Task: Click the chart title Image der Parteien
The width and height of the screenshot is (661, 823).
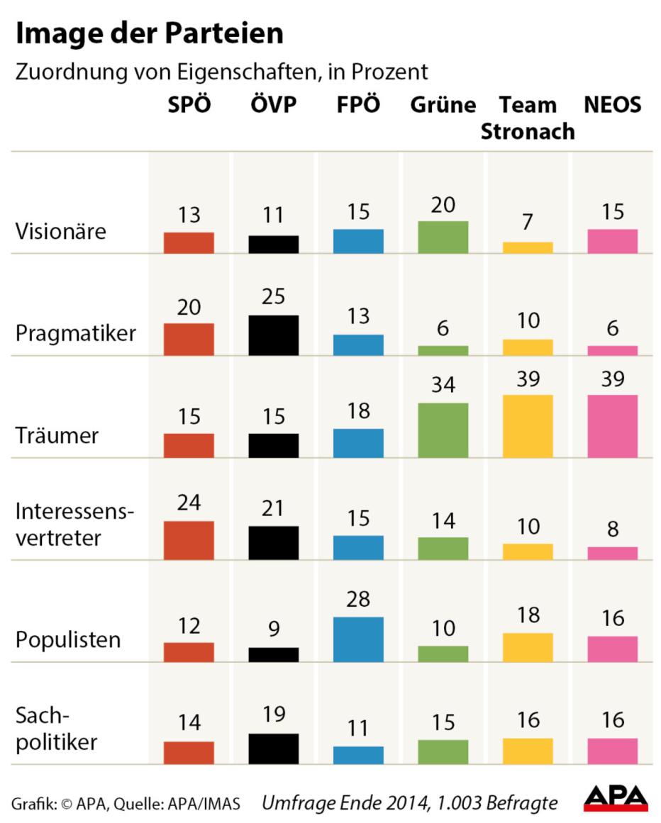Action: [x=150, y=33]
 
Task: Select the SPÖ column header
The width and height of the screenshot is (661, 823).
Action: [x=189, y=105]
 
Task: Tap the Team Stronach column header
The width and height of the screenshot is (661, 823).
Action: [x=527, y=118]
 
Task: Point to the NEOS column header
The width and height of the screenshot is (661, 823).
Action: [x=612, y=105]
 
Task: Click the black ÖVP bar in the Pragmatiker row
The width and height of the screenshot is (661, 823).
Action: [x=274, y=335]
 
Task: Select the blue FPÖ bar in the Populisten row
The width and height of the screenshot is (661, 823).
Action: [x=358, y=639]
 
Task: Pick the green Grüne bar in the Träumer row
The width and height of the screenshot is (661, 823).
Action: [x=443, y=430]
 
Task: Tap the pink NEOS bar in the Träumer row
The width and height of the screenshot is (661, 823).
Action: [x=612, y=425]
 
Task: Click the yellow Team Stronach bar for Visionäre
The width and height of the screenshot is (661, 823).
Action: [x=527, y=247]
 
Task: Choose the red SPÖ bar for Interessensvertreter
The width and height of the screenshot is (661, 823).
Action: [x=189, y=540]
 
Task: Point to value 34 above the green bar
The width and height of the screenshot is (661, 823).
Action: [x=443, y=385]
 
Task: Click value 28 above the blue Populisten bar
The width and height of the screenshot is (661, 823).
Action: [x=358, y=599]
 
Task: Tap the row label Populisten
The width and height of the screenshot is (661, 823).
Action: [x=68, y=639]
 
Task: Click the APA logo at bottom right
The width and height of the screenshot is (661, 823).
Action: [x=615, y=797]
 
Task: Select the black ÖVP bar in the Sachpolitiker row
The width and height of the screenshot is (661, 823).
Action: [x=274, y=749]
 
